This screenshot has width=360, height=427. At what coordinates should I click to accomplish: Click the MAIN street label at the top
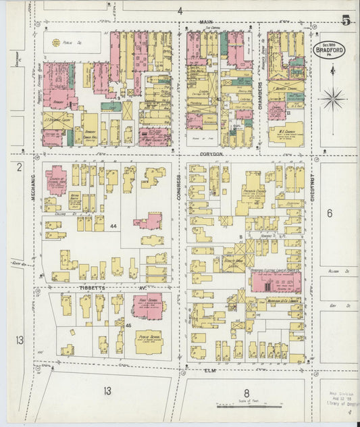coord(207,23)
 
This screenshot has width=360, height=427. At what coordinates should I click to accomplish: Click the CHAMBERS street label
coord(259,88)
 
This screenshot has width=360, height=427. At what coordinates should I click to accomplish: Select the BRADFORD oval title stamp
coord(330,49)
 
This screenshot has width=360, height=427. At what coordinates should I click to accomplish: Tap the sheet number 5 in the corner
coord(345,21)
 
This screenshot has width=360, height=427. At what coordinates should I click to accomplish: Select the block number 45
coord(128,326)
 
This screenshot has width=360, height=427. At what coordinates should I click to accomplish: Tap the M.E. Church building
coord(285,133)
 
